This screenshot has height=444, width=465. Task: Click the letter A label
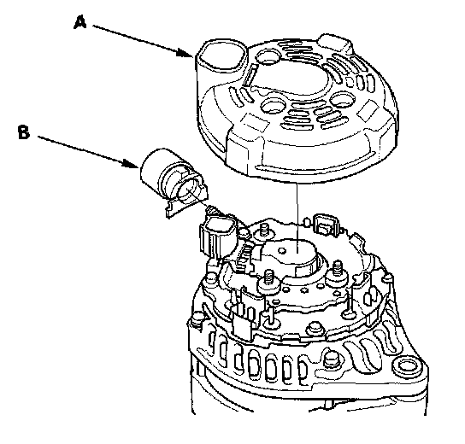(x=79, y=22)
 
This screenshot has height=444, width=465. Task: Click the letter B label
(x=24, y=132)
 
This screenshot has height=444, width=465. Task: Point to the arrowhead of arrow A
(x=185, y=53)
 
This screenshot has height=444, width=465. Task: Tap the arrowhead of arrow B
(x=131, y=164)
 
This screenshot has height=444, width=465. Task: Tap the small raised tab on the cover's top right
(x=334, y=43)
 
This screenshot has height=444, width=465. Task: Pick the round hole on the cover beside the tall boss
(x=268, y=56)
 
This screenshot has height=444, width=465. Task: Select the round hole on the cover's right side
(x=342, y=100)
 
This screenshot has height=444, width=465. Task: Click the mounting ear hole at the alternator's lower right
(x=407, y=368)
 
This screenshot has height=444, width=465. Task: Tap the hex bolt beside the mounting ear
(x=330, y=359)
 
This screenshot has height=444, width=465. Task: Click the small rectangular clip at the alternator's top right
(x=325, y=225)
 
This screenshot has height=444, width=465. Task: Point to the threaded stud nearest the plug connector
(x=263, y=231)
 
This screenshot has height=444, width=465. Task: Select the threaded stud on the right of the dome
(x=337, y=271)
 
